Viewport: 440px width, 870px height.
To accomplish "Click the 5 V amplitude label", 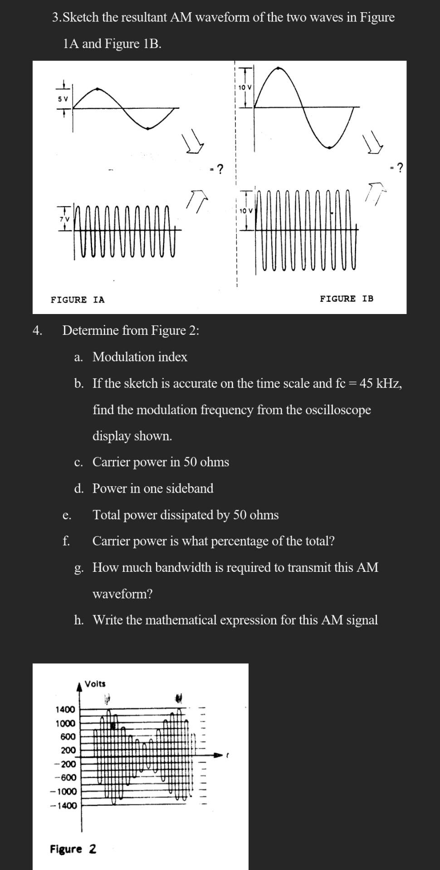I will click(63, 99).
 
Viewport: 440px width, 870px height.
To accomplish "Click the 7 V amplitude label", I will click(64, 219).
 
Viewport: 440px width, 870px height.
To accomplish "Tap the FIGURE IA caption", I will click(77, 300).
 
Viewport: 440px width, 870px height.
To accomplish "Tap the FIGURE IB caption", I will click(347, 299).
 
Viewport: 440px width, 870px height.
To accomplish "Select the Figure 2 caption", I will click(73, 849).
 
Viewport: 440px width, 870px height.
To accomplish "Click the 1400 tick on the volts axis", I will click(65, 709).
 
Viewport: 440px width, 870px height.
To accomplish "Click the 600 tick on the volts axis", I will click(68, 737).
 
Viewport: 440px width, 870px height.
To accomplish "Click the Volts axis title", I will click(95, 683).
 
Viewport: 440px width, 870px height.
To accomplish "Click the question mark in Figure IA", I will click(220, 169).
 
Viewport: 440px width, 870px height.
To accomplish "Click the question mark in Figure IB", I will click(399, 168).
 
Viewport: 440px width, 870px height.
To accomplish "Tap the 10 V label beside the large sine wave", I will click(245, 87).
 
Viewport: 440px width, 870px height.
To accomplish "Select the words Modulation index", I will click(140, 357).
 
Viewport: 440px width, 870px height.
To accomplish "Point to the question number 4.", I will click(37, 330).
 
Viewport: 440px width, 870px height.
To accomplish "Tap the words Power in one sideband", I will click(153, 488).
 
